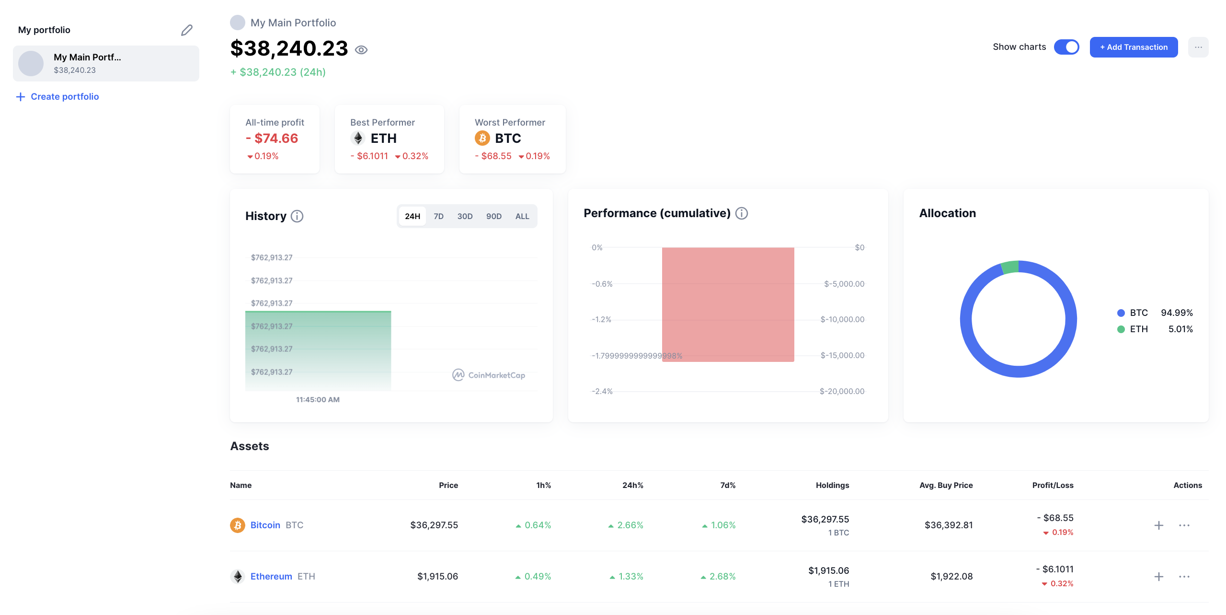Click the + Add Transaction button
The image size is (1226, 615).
[1133, 47]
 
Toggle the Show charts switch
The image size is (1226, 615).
[1066, 47]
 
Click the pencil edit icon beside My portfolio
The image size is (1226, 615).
[186, 30]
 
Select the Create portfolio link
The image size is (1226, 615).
[64, 96]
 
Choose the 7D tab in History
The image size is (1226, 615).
[438, 216]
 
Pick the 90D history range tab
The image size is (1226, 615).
[493, 216]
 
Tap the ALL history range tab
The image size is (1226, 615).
[522, 216]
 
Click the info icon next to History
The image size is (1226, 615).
[297, 216]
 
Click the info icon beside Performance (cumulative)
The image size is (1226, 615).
[741, 213]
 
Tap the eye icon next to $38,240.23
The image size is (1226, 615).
[361, 50]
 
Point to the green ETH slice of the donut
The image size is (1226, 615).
[1010, 267]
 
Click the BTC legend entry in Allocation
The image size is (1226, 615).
[1138, 313]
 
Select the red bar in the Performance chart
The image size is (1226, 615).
[728, 304]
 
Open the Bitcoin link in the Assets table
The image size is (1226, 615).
[265, 525]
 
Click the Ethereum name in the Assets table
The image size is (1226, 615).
[271, 576]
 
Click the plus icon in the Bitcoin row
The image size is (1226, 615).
[1158, 525]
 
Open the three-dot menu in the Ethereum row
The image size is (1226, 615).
[1184, 577]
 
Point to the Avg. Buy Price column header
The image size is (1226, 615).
[946, 485]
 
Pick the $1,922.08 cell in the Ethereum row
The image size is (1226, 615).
[951, 576]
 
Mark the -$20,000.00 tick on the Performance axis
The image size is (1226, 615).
[842, 391]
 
